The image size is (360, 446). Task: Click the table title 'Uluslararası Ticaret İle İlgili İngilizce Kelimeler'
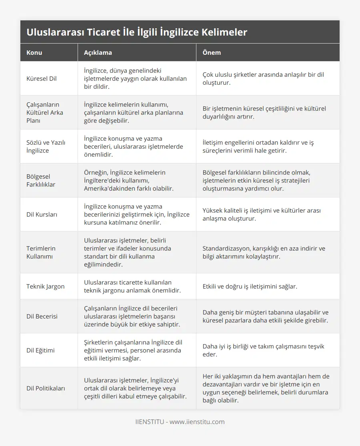137,32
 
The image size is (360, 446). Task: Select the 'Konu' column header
34,52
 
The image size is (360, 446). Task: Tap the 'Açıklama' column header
98,52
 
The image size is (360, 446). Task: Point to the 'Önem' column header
212,52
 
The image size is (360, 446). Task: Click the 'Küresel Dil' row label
42,78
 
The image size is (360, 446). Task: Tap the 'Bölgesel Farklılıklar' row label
41,180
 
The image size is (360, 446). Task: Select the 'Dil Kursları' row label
42,214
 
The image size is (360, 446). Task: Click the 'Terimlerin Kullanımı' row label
41,252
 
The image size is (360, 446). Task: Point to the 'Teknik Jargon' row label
45,286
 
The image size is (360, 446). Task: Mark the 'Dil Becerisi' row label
42,316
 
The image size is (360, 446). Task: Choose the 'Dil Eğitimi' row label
40,350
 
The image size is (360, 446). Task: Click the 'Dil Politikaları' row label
46,388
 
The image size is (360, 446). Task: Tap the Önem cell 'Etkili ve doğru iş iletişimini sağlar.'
250,286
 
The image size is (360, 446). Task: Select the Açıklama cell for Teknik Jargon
132,286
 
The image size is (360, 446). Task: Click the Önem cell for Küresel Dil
263,78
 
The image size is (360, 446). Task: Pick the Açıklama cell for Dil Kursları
136,214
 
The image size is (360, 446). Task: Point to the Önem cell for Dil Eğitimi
263,350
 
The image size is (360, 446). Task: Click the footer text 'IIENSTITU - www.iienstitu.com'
180,422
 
